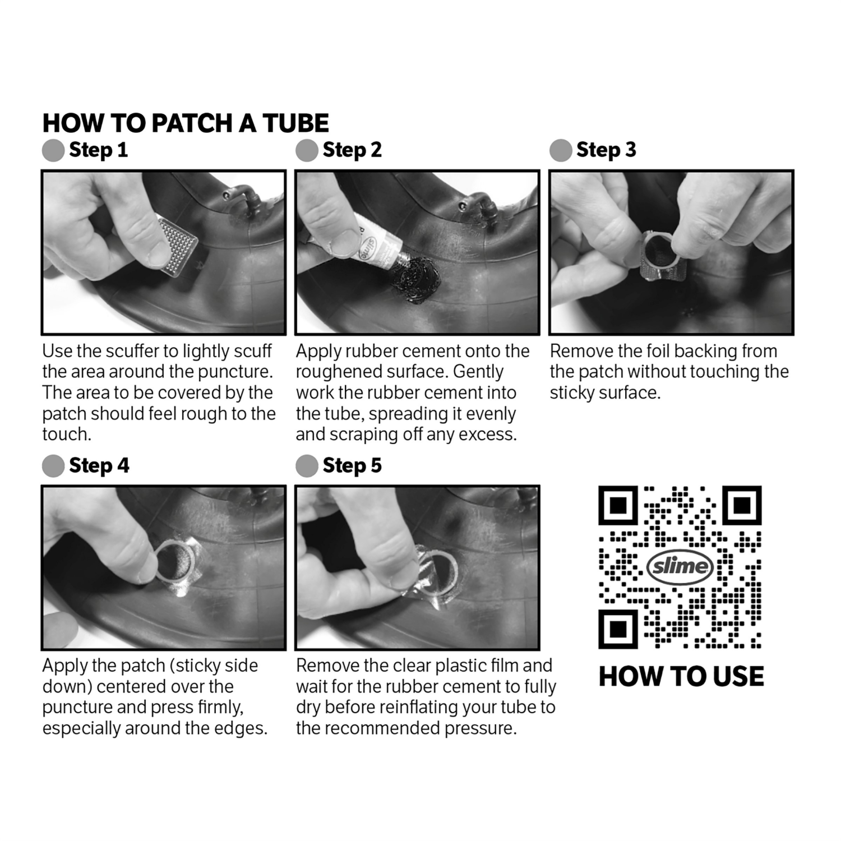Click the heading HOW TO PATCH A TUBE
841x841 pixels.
click(x=186, y=123)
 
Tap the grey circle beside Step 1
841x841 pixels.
click(x=53, y=150)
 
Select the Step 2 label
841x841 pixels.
click(x=352, y=150)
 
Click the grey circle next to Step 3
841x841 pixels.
click(x=561, y=150)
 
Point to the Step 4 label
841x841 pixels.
click(x=99, y=466)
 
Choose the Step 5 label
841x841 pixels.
click(x=352, y=466)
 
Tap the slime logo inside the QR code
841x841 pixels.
click(x=680, y=566)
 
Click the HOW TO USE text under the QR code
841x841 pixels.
click(x=681, y=676)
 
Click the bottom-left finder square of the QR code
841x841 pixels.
click(x=618, y=629)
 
